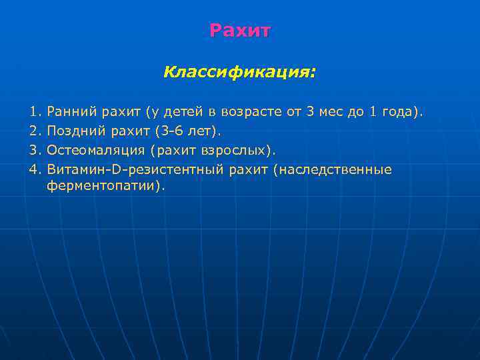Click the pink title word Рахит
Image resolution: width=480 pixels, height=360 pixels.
pyautogui.click(x=240, y=31)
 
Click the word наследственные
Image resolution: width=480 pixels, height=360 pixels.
pyautogui.click(x=335, y=169)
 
